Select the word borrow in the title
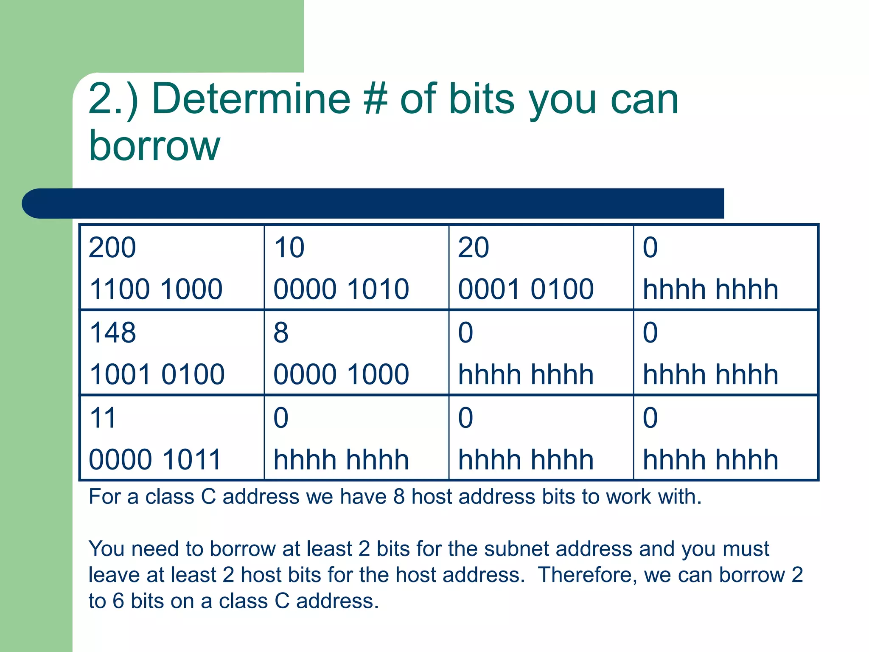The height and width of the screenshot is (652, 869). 154,146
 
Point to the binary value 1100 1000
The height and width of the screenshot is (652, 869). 156,289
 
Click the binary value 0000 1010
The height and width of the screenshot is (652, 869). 341,289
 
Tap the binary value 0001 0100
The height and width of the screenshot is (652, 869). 526,289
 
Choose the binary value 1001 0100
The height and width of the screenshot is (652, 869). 157,374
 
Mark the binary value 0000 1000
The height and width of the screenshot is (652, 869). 341,374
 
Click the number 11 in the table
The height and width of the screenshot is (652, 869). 103,418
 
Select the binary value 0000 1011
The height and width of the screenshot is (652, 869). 155,460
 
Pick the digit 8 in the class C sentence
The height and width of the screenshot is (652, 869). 399,497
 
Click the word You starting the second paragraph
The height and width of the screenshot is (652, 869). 106,548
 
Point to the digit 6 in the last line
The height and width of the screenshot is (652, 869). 118,601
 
